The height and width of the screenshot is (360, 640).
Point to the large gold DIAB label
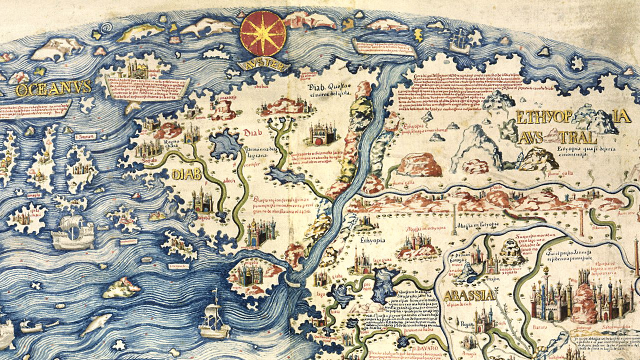click(x=186, y=174)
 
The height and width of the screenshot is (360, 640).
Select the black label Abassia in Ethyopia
click(x=475, y=225)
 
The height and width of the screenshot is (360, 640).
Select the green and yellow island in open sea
click(x=121, y=287)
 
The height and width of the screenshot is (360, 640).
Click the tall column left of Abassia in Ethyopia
click(x=454, y=217)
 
